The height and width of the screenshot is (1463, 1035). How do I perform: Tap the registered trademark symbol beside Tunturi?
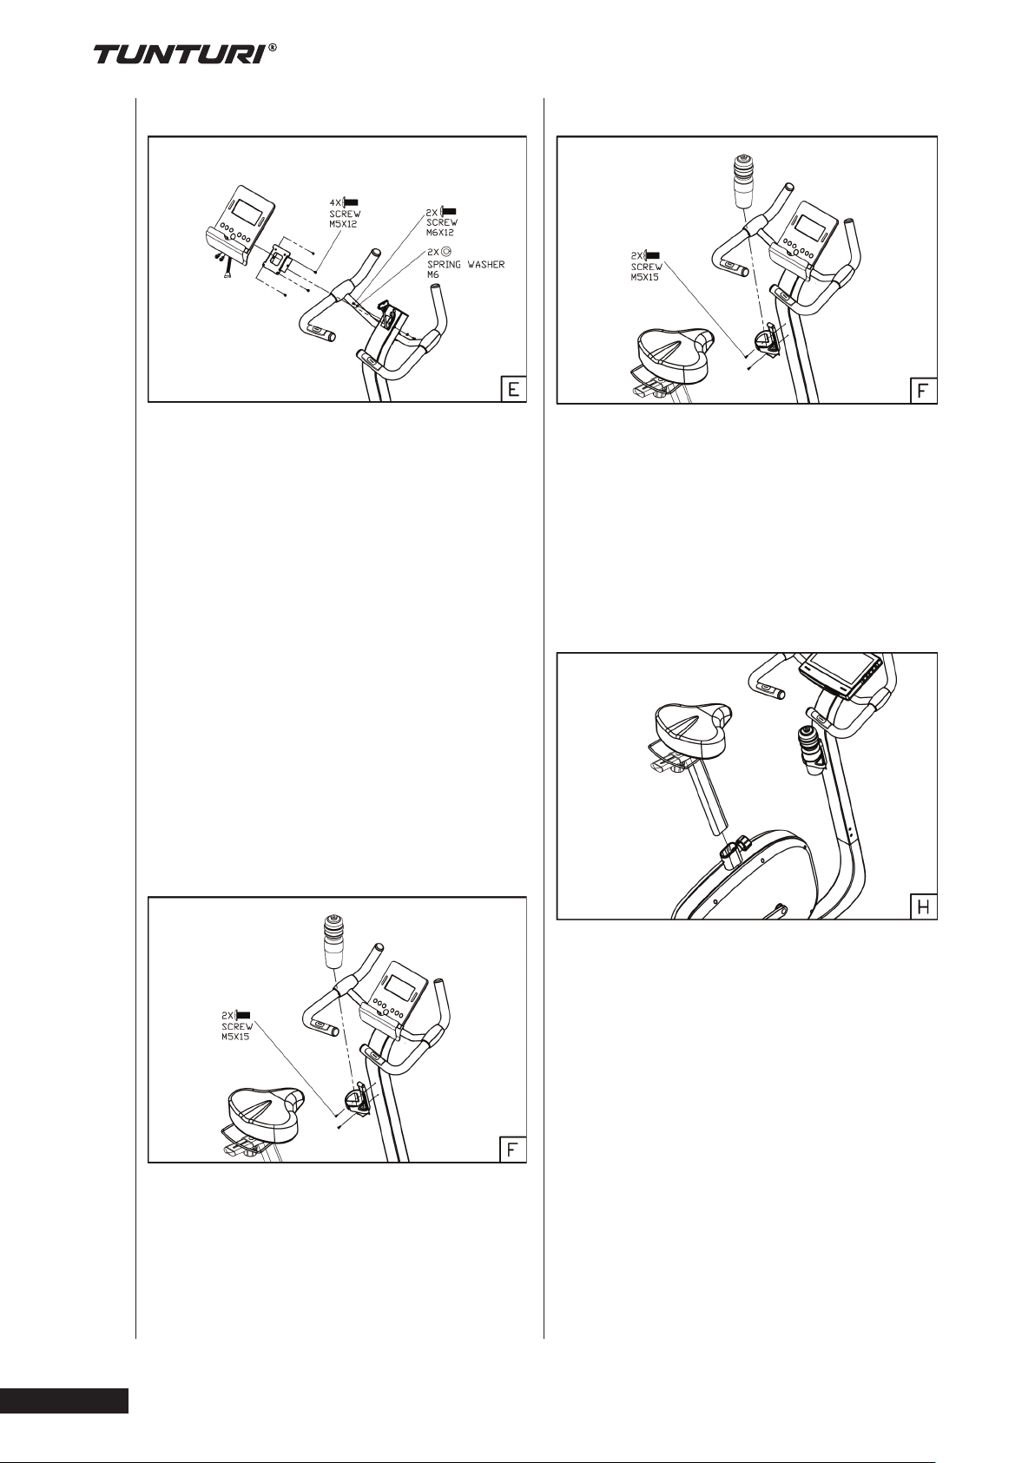[273, 48]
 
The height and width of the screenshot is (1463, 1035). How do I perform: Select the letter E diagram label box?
[513, 389]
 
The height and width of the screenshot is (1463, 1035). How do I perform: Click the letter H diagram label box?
[923, 906]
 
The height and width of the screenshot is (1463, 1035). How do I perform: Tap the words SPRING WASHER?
[465, 265]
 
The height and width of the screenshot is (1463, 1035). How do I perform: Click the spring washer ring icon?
[446, 250]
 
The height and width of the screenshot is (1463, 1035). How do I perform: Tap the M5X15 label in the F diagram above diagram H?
[647, 276]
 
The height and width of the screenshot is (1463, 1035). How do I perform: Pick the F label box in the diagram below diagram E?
[513, 1150]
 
